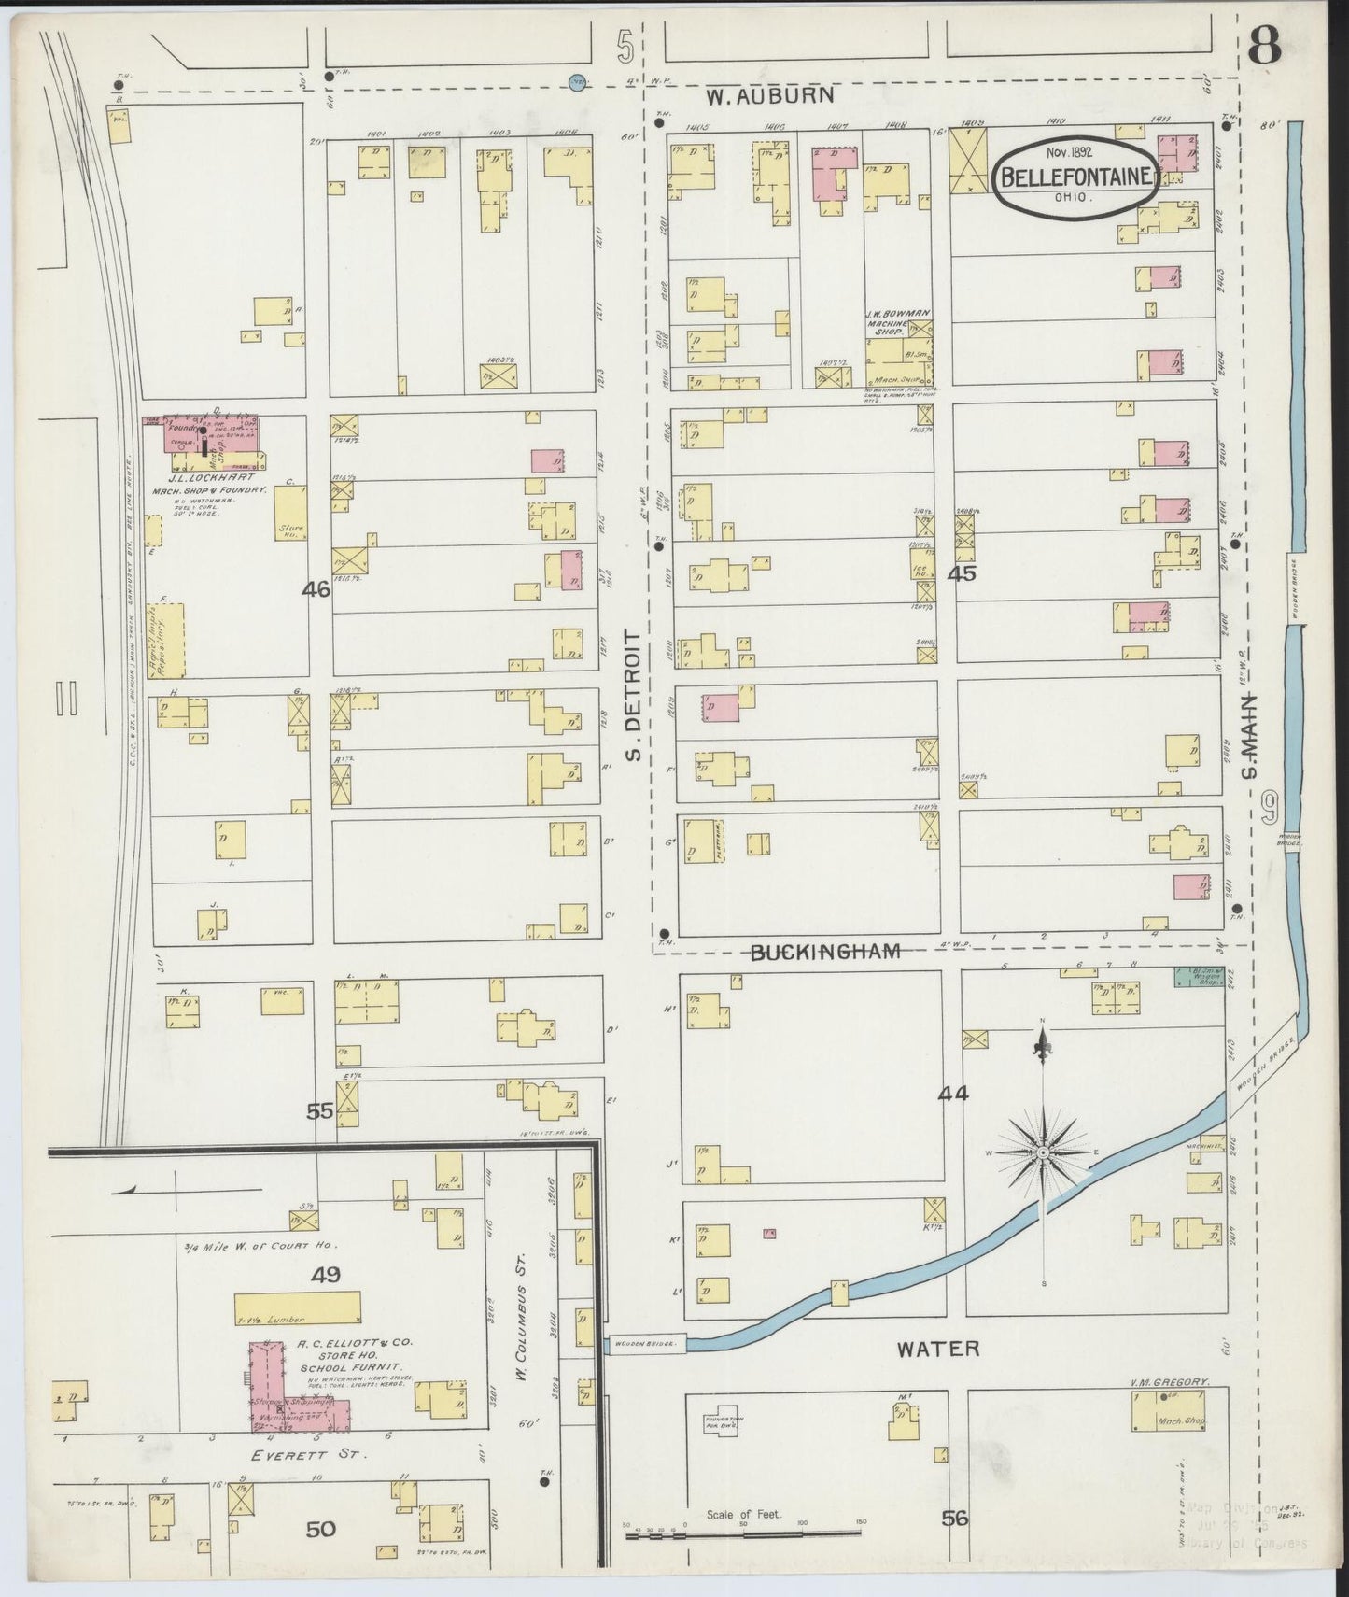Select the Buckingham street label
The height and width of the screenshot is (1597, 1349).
click(x=825, y=952)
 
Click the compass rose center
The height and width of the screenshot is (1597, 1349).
click(x=1043, y=1153)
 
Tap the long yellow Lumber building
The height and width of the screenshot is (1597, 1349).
click(x=298, y=1307)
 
